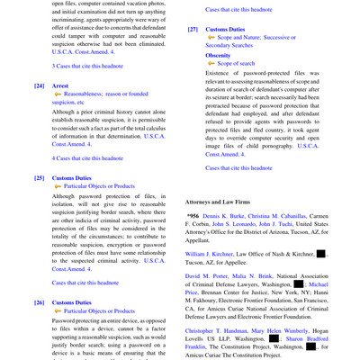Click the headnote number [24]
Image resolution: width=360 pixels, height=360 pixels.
[x=39, y=86]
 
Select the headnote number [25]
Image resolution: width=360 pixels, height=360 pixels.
[x=39, y=178]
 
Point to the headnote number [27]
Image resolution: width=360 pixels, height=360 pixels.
[x=193, y=29]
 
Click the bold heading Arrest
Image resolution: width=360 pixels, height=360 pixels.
[x=60, y=86]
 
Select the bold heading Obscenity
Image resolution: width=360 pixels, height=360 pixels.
[x=218, y=55]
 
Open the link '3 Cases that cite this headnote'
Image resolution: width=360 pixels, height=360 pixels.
[x=88, y=66]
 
